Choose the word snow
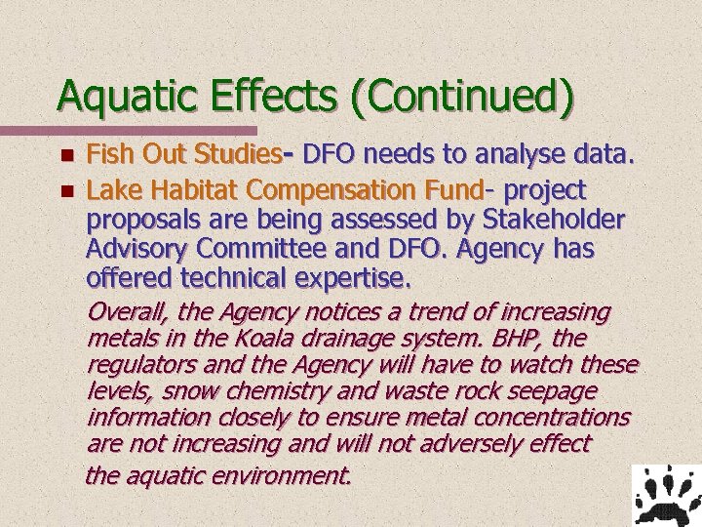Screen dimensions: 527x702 click(190, 391)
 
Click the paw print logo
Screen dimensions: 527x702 click(667, 495)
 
